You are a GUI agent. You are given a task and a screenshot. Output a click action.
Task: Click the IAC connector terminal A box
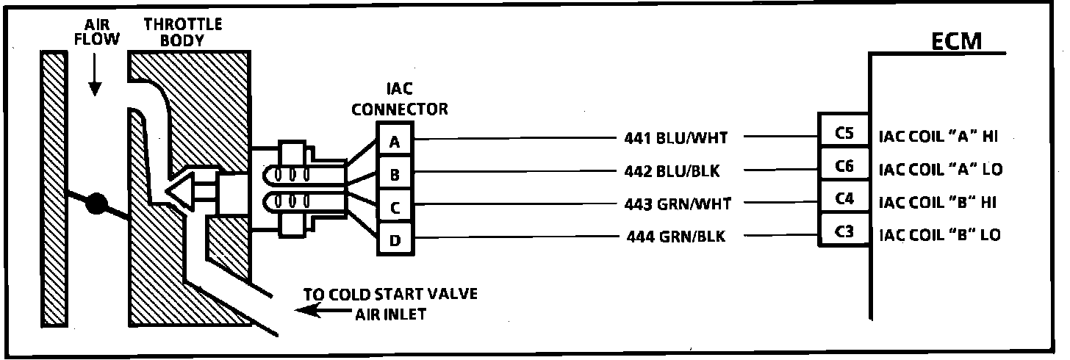[395, 142]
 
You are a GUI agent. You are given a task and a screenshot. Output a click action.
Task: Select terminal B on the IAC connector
[395, 175]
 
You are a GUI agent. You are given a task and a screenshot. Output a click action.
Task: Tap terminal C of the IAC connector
[395, 208]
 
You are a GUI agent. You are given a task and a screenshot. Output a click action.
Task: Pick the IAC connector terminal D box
[395, 240]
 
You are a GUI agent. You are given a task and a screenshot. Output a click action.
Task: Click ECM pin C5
[844, 134]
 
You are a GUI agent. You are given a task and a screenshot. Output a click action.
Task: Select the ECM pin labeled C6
[844, 167]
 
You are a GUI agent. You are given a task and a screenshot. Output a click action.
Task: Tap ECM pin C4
[844, 200]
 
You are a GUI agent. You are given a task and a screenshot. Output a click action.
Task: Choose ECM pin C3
[844, 233]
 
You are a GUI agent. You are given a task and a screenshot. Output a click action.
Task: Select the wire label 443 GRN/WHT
[677, 204]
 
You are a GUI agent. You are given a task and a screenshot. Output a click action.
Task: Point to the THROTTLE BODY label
[182, 33]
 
